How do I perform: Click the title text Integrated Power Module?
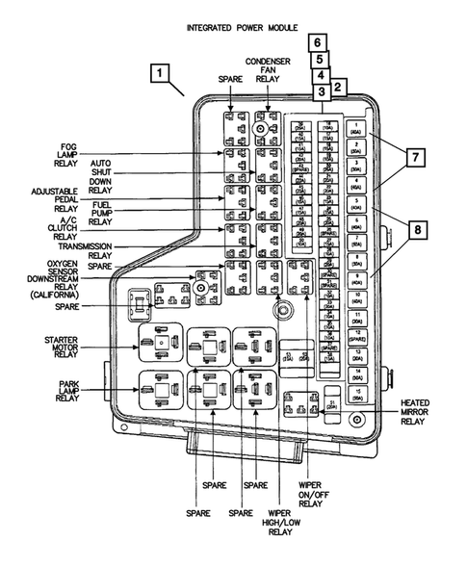[241, 28]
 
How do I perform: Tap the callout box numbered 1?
[162, 73]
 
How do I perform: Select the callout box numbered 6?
[317, 42]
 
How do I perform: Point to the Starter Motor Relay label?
[67, 347]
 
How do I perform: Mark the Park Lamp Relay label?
[67, 390]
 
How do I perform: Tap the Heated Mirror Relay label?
[417, 412]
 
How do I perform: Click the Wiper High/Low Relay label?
[280, 519]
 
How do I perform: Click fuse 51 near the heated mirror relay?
[332, 405]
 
